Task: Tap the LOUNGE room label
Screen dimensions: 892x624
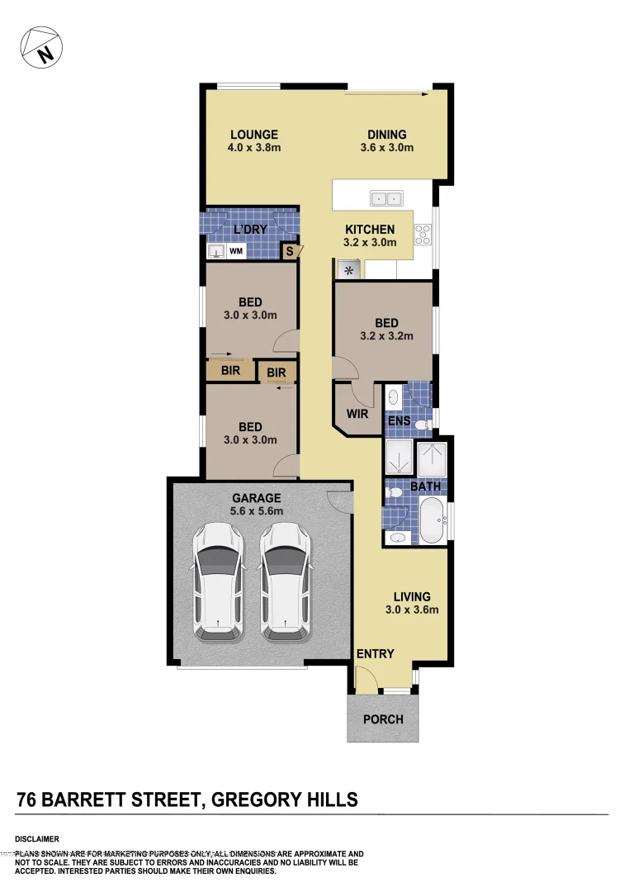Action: (253, 135)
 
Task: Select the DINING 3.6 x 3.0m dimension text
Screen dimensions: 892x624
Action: (386, 149)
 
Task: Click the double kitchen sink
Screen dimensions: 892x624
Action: (385, 198)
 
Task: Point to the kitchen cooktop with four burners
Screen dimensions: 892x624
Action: (423, 235)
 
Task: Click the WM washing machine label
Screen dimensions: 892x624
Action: (236, 250)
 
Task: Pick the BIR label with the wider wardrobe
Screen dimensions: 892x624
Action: (230, 372)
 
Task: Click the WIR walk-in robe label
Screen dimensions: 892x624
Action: (357, 414)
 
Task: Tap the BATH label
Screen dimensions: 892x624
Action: (425, 486)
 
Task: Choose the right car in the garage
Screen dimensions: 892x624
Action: (285, 583)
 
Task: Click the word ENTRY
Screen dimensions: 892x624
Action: (375, 654)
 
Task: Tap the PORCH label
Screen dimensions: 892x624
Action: (383, 719)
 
